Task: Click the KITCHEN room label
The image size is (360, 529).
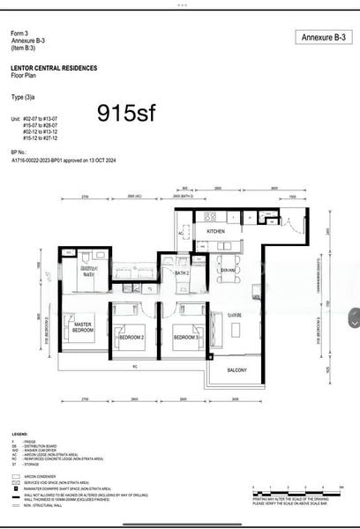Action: [216, 231]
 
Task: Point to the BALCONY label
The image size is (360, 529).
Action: [237, 371]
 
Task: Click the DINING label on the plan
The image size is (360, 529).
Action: [228, 269]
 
